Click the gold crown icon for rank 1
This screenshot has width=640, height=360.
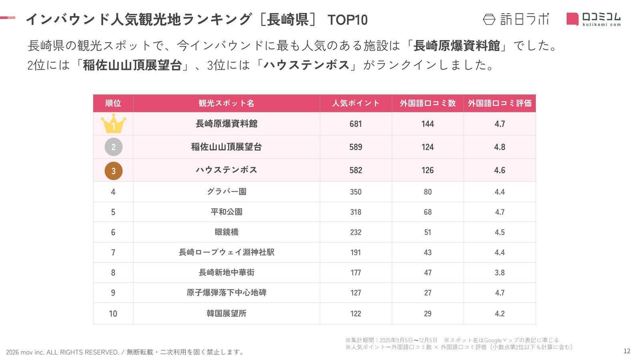pos(113,124)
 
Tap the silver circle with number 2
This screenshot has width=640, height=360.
pos(113,147)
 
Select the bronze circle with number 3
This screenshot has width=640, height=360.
pos(113,170)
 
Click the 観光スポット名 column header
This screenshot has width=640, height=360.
pos(226,103)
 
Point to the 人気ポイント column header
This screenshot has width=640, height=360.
pos(356,103)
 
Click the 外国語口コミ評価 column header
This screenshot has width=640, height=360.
pos(500,103)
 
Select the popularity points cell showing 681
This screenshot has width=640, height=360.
pos(356,124)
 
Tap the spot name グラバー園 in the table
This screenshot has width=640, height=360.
pos(226,192)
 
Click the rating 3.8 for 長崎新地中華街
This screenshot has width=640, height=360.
pos(500,273)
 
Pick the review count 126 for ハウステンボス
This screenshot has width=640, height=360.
pos(428,170)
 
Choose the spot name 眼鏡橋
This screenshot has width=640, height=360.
pos(226,232)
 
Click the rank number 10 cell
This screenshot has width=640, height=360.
pos(113,314)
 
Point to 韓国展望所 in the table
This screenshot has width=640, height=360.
pos(226,314)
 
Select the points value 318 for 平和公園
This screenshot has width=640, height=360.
pos(356,212)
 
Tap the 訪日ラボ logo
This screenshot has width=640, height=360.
pos(516,19)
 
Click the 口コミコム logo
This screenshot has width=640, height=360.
pos(594,19)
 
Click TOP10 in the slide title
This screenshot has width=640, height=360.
pos(347,20)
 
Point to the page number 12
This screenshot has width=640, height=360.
pos(627,351)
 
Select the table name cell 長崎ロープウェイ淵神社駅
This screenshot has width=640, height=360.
pos(226,252)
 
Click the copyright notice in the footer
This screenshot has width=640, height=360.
pos(125,352)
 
